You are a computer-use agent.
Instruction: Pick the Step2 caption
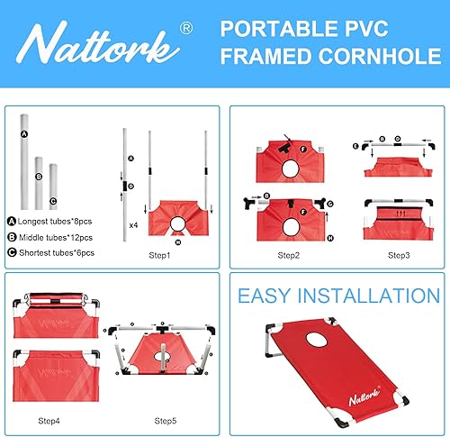(x=289, y=257)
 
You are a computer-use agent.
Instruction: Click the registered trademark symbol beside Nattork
(x=184, y=29)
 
